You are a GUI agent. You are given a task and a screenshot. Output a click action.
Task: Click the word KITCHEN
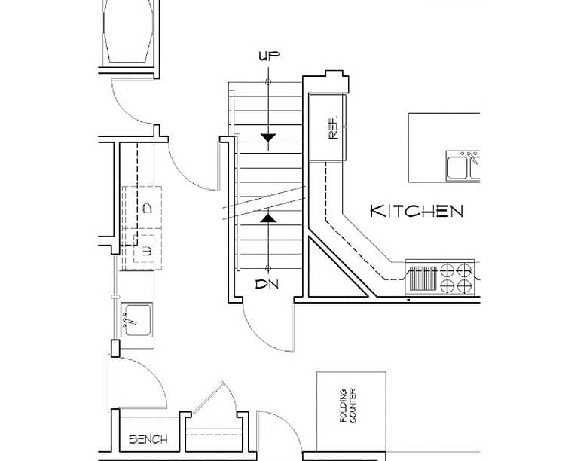point(417,211)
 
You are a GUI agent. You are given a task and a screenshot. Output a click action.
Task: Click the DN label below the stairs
point(268,285)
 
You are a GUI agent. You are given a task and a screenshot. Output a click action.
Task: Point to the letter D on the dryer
point(148,206)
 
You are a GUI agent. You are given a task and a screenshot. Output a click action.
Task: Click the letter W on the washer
point(148,250)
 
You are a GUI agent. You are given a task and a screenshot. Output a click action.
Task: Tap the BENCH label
point(148,439)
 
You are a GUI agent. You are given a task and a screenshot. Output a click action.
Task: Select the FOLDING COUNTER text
point(347,407)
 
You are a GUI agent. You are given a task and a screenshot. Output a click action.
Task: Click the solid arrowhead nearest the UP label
point(268,137)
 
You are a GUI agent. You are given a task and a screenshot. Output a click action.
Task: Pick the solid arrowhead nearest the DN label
point(268,218)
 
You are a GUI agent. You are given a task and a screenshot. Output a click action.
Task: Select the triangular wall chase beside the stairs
point(332,272)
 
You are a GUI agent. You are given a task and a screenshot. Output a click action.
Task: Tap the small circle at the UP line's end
point(268,81)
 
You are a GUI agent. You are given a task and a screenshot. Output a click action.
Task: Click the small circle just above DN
point(268,268)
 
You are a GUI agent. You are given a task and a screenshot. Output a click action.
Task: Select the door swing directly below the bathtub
point(136,102)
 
